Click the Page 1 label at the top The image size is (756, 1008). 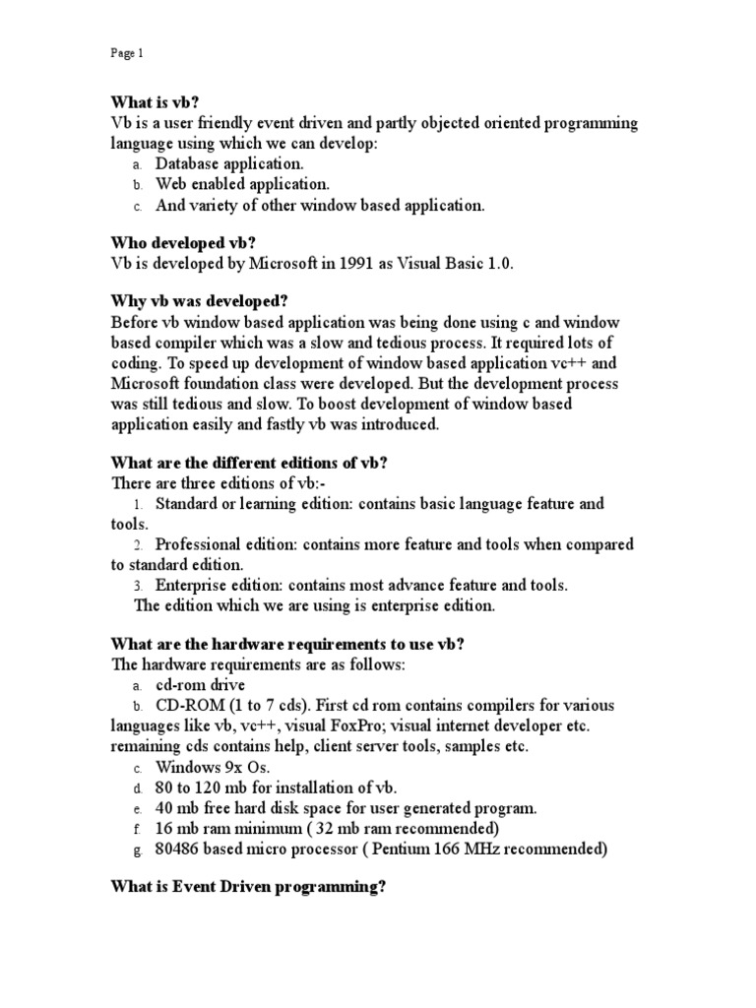point(126,54)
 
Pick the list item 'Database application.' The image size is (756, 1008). point(229,163)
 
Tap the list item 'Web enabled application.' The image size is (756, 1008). point(242,184)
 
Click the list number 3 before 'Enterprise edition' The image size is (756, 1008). point(138,586)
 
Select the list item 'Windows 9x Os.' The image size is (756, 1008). point(212,767)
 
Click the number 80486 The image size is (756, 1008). point(179,850)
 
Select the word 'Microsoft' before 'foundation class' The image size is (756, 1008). point(148,383)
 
